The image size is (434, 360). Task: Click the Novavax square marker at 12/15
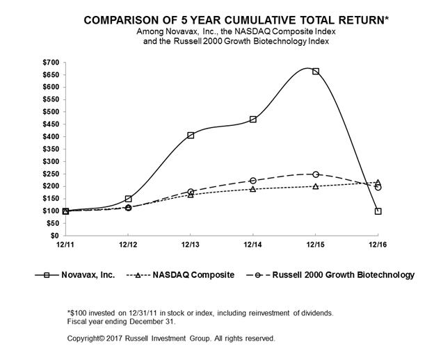click(x=316, y=72)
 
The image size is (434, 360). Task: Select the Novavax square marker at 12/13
click(x=191, y=136)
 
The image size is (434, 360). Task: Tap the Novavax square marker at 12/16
click(x=378, y=211)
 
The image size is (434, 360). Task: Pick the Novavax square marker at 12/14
click(x=253, y=120)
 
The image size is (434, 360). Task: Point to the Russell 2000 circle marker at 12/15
click(x=316, y=174)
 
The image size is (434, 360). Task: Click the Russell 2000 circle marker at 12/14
click(x=253, y=181)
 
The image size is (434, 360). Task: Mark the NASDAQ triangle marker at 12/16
click(x=378, y=183)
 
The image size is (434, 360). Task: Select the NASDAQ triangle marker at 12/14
click(x=253, y=189)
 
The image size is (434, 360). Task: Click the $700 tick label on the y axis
click(x=51, y=63)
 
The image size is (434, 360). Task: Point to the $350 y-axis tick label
click(x=51, y=149)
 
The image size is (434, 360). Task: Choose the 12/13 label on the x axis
click(x=191, y=245)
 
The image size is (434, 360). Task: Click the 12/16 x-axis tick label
click(x=378, y=245)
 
